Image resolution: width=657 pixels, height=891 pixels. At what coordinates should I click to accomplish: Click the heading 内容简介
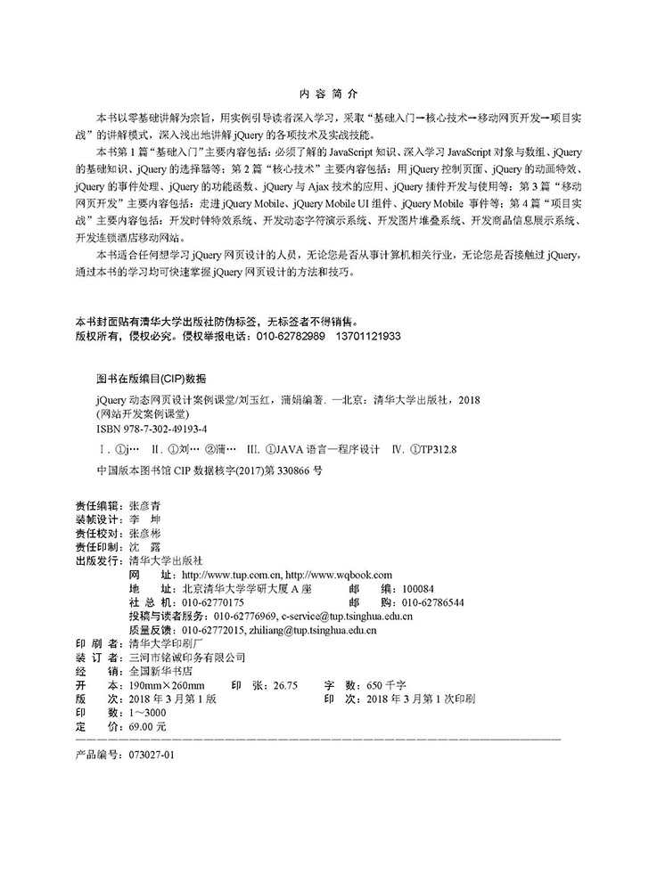point(328,93)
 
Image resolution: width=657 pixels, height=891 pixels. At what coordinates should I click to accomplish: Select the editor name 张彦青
point(145,504)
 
